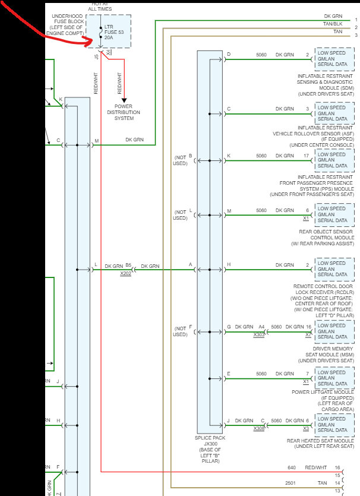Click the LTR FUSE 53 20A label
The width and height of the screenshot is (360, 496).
click(x=114, y=32)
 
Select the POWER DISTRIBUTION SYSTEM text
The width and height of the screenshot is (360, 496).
click(x=124, y=112)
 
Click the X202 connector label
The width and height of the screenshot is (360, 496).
click(x=125, y=274)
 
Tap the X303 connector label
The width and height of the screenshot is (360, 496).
click(x=259, y=335)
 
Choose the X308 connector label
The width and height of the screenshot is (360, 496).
click(x=259, y=428)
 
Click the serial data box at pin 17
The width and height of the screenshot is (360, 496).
click(x=334, y=160)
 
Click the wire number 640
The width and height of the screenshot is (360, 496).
click(x=292, y=467)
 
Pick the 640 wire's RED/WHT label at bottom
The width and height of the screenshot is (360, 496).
click(x=316, y=467)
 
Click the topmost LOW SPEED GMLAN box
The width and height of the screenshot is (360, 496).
click(x=334, y=58)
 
